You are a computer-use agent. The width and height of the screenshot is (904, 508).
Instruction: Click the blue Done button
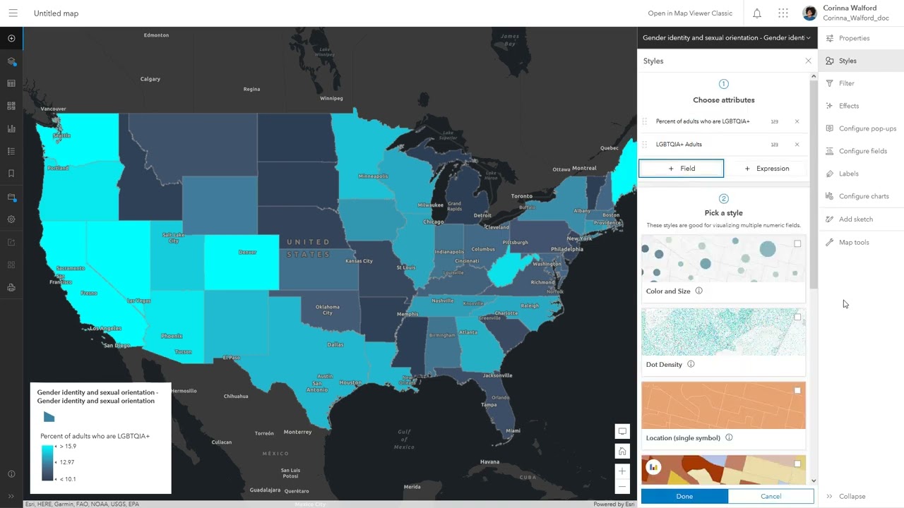tap(684, 496)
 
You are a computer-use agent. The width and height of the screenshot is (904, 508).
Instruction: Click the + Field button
tap(682, 169)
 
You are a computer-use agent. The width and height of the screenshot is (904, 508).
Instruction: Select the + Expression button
tap(767, 169)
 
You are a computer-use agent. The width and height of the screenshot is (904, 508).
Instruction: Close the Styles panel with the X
tap(809, 61)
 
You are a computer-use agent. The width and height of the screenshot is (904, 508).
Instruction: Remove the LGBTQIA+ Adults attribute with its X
tap(797, 145)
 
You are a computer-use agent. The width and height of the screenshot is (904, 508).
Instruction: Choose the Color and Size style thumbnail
tap(723, 260)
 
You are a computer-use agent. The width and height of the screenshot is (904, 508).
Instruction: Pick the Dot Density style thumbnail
tap(723, 332)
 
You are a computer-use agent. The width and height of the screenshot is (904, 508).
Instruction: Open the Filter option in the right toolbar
tap(846, 83)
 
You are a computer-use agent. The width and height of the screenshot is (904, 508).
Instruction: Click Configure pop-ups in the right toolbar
tap(867, 128)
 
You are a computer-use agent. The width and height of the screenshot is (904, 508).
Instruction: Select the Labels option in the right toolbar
tap(848, 174)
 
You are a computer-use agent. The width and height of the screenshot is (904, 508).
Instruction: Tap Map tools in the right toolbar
tap(853, 242)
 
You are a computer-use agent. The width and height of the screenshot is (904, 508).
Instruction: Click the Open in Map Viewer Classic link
tap(690, 13)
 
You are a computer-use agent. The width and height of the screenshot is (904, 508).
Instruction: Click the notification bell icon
tap(757, 13)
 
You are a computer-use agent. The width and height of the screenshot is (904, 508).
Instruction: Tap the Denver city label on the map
tap(247, 252)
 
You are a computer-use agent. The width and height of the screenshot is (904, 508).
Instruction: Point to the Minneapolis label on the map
tap(374, 176)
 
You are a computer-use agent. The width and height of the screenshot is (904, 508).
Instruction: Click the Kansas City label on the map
tap(359, 261)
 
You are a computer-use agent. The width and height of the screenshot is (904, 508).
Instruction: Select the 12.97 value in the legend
tap(66, 462)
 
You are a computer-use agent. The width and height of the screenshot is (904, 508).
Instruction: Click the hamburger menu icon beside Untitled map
tap(13, 13)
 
